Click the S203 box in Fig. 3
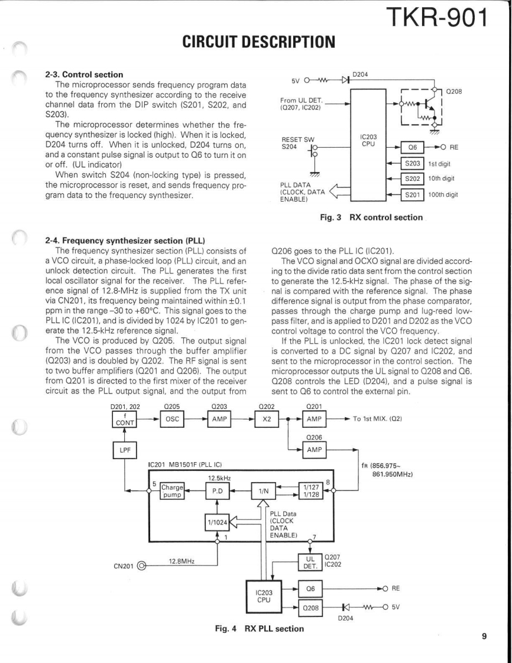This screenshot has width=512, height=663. [x=411, y=162]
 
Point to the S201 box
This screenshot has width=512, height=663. [x=411, y=194]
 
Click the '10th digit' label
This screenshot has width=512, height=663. [x=448, y=178]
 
